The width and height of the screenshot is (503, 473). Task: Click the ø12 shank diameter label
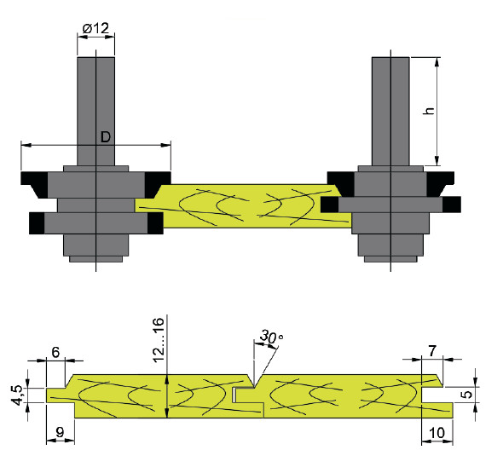(95, 28)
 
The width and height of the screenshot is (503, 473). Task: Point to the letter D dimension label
(106, 137)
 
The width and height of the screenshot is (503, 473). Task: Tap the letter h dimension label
(429, 111)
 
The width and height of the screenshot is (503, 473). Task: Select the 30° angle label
(272, 337)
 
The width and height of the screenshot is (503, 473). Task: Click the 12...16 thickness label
(159, 341)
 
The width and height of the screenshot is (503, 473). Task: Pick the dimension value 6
(55, 353)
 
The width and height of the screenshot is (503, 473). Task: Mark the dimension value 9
(60, 433)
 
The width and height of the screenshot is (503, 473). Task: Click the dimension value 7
(432, 351)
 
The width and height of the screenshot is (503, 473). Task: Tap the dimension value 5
(468, 394)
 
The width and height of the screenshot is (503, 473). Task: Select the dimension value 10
(437, 433)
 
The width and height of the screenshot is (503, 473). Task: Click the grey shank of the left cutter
(96, 112)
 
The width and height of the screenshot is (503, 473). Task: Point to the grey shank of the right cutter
(390, 112)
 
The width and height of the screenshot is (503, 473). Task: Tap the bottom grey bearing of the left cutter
(96, 248)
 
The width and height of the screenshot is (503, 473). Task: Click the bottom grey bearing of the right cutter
(390, 248)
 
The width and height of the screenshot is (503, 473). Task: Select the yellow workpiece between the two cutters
(244, 206)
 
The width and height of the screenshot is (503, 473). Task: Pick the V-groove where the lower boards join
(254, 381)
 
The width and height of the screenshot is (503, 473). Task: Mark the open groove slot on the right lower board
(433, 395)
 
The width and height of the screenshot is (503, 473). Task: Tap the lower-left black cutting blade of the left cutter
(37, 223)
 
